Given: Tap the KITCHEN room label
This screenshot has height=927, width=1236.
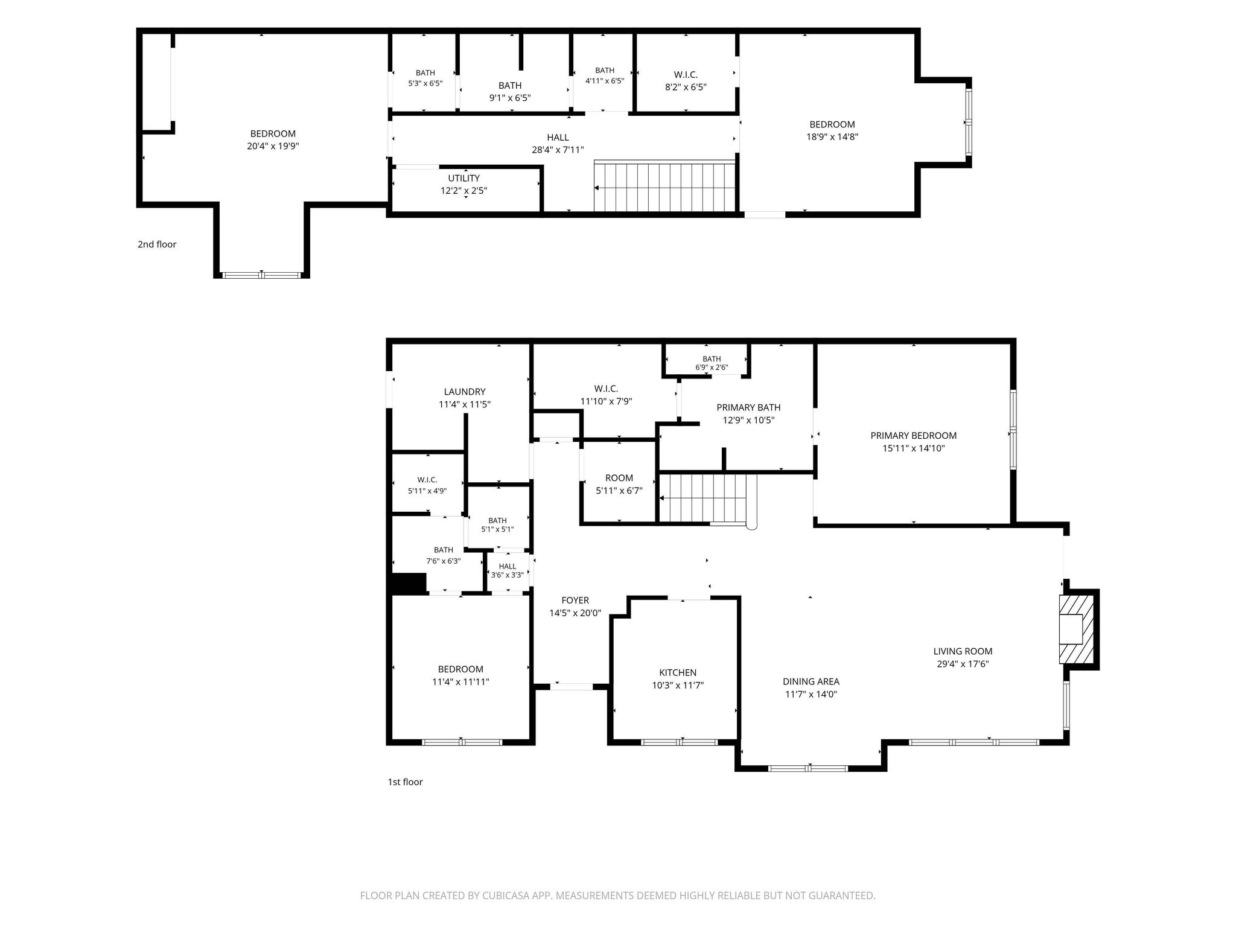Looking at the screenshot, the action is click(678, 672).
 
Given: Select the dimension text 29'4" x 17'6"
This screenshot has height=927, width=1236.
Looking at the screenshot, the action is click(963, 664).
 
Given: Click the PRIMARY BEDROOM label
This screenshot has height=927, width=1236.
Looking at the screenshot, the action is click(913, 436).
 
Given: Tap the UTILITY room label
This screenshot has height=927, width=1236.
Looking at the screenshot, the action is click(463, 178).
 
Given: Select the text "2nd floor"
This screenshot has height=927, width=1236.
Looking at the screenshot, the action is click(157, 244).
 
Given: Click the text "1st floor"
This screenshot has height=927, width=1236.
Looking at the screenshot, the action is click(405, 782).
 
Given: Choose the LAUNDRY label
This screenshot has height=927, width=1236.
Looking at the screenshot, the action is click(465, 392).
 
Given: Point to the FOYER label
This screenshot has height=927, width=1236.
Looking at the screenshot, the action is click(575, 600).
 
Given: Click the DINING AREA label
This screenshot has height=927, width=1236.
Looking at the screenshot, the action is click(811, 681).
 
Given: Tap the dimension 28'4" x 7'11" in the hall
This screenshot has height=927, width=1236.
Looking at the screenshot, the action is click(558, 150).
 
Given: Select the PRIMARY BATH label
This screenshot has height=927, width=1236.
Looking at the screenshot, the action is click(748, 407).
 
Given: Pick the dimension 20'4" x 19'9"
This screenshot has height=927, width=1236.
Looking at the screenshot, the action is click(273, 146).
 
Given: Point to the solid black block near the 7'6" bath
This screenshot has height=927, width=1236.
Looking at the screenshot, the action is click(409, 582).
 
